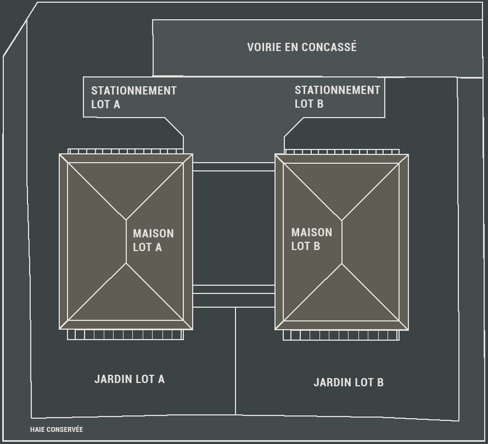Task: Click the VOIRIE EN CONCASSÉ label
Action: [301, 47]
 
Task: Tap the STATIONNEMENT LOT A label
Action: [134, 97]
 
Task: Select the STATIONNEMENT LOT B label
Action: [338, 97]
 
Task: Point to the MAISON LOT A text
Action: [153, 240]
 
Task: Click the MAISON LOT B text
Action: [312, 239]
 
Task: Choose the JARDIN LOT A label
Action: [129, 379]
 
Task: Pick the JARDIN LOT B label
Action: [348, 382]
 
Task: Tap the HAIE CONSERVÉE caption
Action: [57, 429]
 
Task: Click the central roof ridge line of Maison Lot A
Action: [126, 241]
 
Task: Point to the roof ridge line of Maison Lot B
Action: [342, 242]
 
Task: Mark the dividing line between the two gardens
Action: [235, 361]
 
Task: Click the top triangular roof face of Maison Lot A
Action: [126, 185]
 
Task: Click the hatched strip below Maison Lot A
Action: [125, 335]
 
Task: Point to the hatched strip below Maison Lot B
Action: [341, 335]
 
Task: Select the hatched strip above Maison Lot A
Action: [125, 151]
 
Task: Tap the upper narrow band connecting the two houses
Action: [234, 166]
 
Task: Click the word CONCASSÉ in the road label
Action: [329, 47]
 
